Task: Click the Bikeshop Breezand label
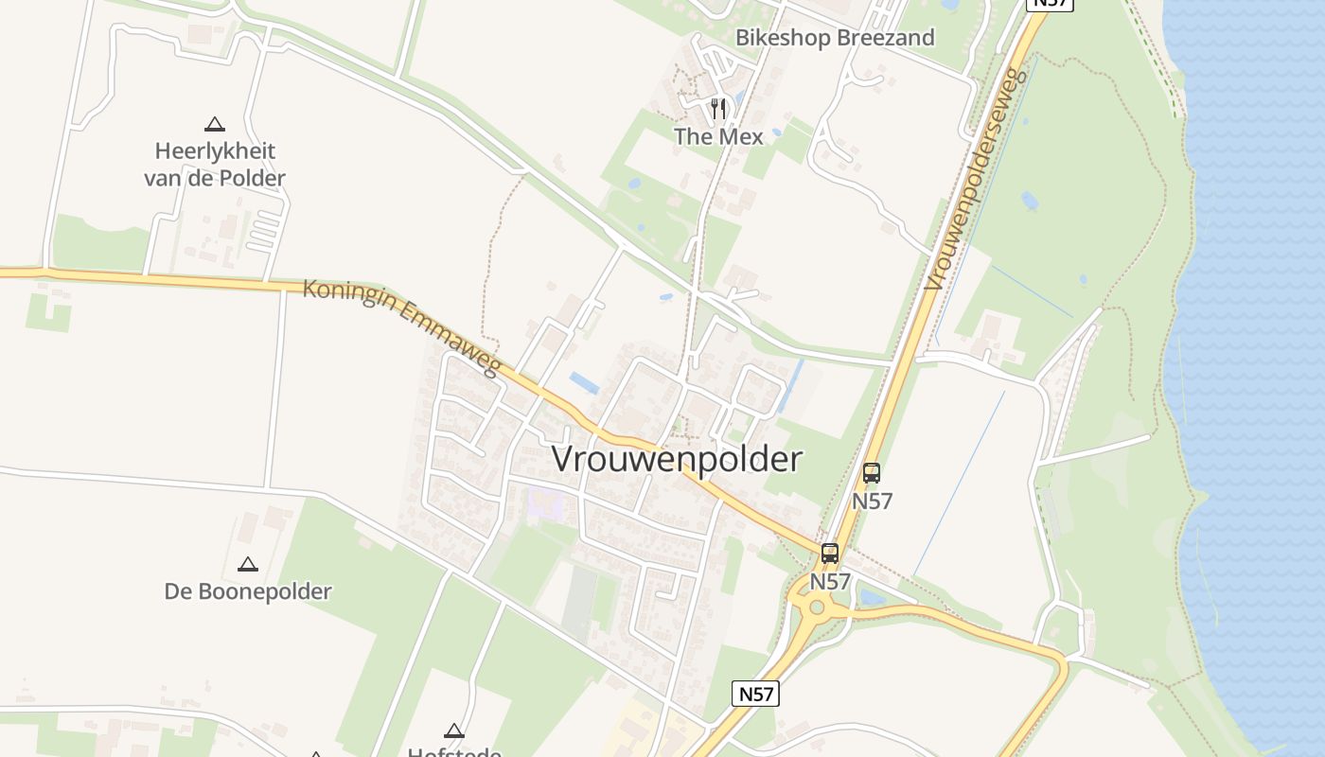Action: pos(835,38)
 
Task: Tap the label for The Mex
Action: pos(718,136)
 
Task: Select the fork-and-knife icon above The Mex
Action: pos(718,109)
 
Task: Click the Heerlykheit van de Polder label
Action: pos(215,164)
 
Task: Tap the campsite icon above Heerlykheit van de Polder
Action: pos(215,123)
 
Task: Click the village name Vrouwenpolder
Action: pos(677,459)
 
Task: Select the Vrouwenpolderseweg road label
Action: pos(976,179)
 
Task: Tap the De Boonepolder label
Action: pos(248,591)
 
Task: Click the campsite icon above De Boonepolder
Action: pos(248,564)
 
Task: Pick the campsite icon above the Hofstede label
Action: pos(454,731)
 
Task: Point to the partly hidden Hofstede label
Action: pos(454,751)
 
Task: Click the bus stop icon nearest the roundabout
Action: pos(830,554)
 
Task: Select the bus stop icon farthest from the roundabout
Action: pos(872,472)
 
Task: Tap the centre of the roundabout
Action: pos(816,606)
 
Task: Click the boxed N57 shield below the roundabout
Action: pos(756,694)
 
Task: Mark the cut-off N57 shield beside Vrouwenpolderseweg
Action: pos(1050,4)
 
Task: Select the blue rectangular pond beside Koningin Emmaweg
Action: pos(584,382)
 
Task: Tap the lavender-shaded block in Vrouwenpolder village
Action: pos(546,502)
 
